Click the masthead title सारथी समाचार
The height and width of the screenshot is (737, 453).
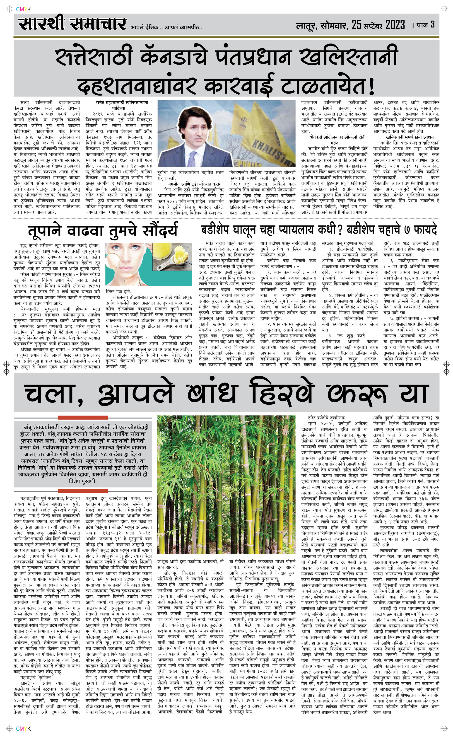click(72, 24)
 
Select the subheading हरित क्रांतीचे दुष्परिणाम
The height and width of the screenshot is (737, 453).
click(327, 417)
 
